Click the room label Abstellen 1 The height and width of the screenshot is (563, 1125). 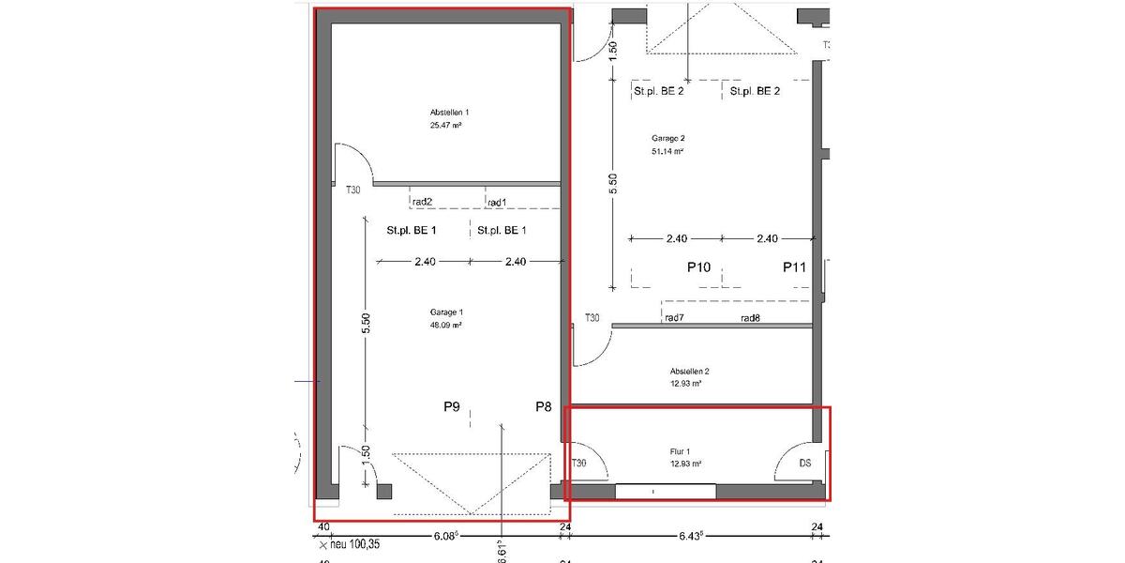449,112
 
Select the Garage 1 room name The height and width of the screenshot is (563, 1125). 446,312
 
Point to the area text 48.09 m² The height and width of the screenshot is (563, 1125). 446,326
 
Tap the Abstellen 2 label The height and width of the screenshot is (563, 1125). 689,370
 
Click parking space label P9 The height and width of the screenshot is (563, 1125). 452,407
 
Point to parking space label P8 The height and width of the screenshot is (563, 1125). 544,407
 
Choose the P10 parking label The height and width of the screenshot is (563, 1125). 698,267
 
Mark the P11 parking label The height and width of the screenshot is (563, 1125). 795,267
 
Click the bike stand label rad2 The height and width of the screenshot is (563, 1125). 422,202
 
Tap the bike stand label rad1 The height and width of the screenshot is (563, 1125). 497,202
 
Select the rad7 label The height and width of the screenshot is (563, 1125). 674,318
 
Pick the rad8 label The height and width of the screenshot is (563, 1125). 750,318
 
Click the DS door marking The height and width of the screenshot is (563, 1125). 804,464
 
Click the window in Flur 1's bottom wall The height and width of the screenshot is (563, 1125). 666,491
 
